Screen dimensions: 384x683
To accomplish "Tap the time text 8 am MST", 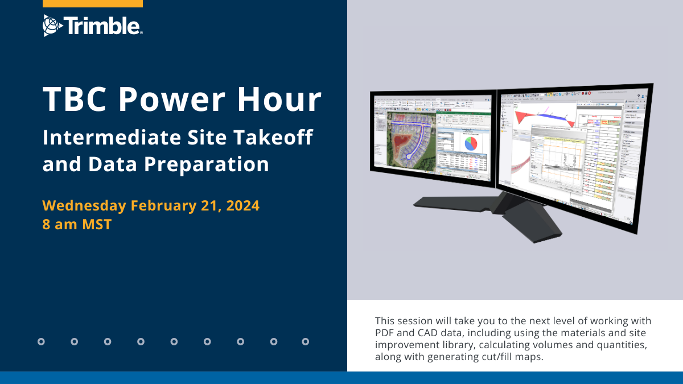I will click(x=77, y=224).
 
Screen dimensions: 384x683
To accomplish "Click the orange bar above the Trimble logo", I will click(x=93, y=3).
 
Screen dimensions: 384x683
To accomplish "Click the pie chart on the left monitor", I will click(x=471, y=143).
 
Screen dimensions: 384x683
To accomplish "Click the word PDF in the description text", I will click(x=385, y=332).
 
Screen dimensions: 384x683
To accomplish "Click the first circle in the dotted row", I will click(x=41, y=342).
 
